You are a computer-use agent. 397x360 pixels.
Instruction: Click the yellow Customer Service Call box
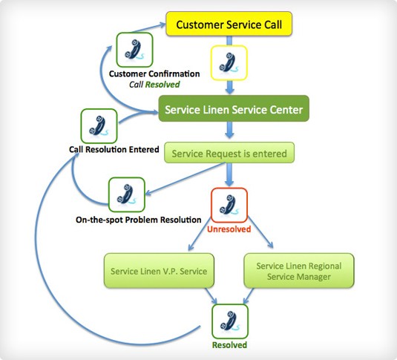pos(229,24)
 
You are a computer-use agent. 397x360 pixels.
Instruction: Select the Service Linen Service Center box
pos(234,108)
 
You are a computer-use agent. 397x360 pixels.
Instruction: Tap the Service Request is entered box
pos(229,152)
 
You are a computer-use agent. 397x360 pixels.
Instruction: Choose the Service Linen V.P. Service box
pos(159,271)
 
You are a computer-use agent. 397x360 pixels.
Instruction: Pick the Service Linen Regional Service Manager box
pos(299,271)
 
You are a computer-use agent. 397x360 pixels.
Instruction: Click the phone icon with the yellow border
pos(229,63)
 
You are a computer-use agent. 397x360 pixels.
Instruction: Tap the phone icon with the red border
pos(229,205)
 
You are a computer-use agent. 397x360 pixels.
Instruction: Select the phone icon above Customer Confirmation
pos(134,50)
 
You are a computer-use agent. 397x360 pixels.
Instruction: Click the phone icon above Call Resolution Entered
pos(99,126)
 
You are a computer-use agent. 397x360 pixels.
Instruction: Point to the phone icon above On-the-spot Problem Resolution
pos(127,194)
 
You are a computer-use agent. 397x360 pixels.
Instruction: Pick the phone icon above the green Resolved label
pos(230,321)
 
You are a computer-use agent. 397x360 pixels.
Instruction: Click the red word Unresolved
pos(229,229)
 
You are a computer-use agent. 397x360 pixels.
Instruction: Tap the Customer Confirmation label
pos(154,73)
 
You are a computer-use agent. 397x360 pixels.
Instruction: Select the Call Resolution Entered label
pos(114,149)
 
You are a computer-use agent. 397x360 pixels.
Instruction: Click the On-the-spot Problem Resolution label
pos(139,220)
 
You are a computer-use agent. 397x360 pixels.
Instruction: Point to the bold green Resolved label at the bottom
pos(229,345)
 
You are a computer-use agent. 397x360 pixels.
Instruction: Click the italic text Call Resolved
pos(154,85)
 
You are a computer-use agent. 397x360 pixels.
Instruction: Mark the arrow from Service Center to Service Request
pos(229,130)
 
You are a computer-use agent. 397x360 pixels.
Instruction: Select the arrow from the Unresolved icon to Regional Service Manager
pos(260,232)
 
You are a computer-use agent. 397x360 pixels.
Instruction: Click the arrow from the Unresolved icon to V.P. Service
pos(200,234)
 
